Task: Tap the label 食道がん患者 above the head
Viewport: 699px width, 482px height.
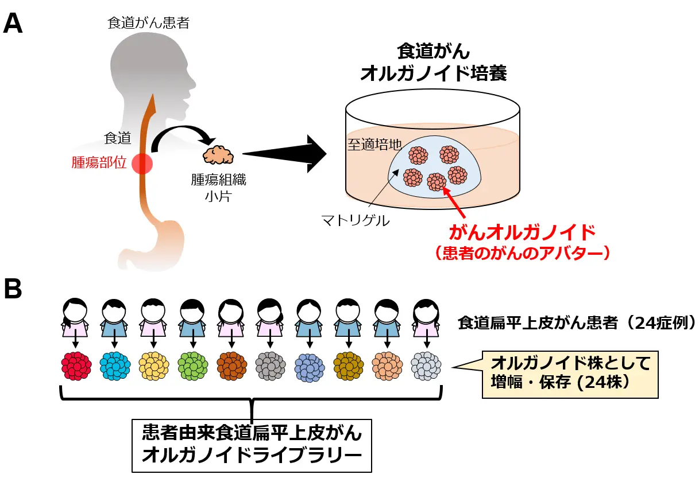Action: click(x=148, y=24)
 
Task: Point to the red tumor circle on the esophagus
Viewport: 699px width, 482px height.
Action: click(x=142, y=164)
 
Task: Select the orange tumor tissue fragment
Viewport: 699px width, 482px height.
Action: click(x=219, y=155)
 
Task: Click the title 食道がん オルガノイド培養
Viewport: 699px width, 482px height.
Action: click(x=433, y=63)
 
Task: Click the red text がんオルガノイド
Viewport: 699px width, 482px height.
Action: click(x=521, y=235)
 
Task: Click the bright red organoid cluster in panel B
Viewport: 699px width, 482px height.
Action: click(x=76, y=366)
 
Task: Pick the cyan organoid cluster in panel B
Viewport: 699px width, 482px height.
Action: click(x=115, y=366)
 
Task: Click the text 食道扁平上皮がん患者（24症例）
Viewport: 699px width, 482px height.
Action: click(x=577, y=322)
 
